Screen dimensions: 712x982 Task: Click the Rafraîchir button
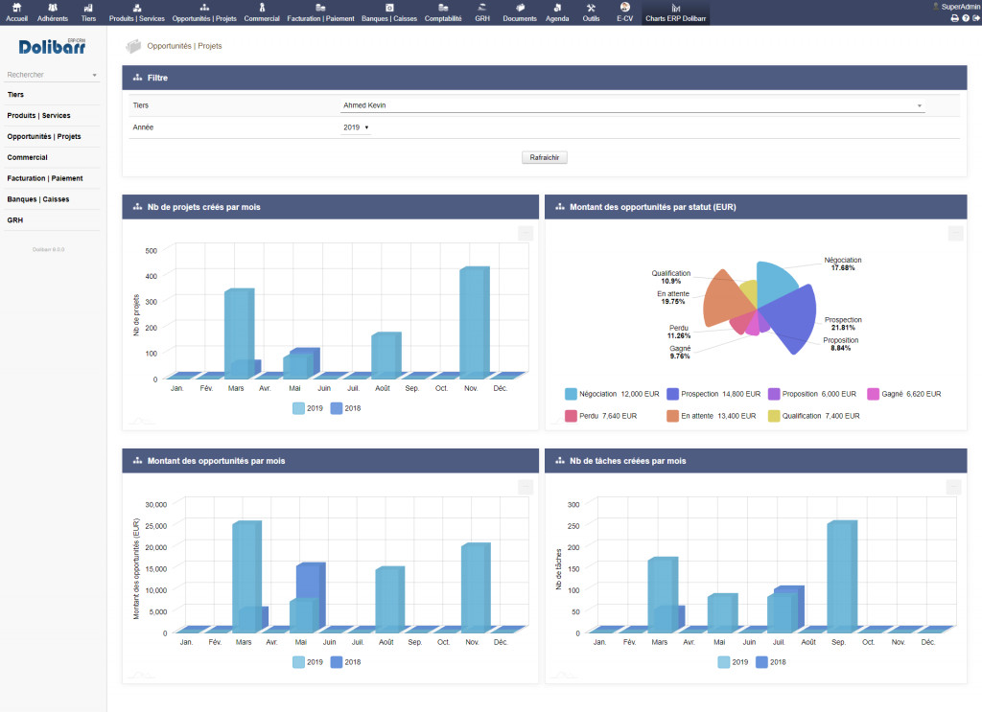(x=545, y=157)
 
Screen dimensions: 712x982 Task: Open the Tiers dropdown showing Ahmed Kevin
(x=633, y=105)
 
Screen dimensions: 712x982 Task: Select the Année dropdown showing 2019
(x=356, y=126)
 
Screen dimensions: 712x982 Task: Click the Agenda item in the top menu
(x=557, y=11)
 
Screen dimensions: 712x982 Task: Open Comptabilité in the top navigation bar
(x=443, y=11)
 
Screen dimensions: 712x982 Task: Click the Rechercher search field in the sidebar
(x=48, y=74)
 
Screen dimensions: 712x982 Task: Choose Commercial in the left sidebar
(x=28, y=157)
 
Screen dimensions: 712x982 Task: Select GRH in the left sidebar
(x=15, y=219)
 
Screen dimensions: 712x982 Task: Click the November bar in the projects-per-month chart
(x=473, y=321)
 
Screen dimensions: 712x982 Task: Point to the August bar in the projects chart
(x=385, y=354)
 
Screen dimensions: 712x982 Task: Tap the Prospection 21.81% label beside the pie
(x=843, y=324)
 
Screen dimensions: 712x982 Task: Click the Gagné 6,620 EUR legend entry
(x=904, y=394)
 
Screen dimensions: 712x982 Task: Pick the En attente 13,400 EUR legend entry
(x=711, y=416)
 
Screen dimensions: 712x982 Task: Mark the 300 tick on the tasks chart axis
(x=573, y=504)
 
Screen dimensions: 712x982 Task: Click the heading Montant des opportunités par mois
(x=216, y=461)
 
